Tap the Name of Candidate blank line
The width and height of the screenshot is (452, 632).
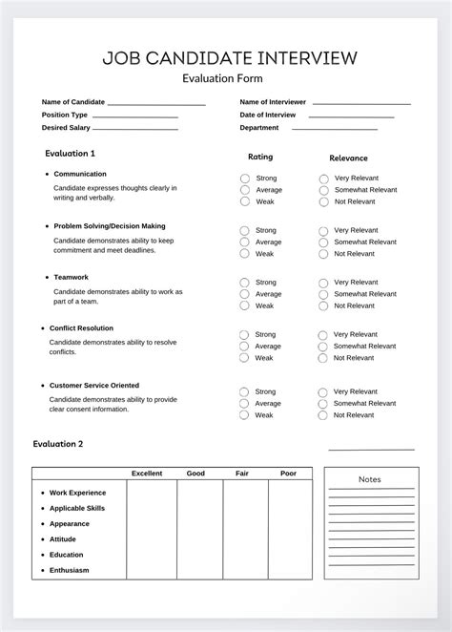coord(156,103)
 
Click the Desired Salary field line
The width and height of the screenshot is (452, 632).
coord(135,128)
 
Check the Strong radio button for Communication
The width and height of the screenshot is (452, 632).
coord(245,179)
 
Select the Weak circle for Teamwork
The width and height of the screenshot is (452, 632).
coord(244,305)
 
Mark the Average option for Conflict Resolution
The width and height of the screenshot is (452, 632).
coord(244,346)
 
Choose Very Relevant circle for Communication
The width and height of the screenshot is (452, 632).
coord(324,179)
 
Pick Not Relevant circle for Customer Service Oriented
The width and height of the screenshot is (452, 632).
coord(324,414)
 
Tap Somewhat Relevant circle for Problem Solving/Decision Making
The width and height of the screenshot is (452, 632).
coord(324,242)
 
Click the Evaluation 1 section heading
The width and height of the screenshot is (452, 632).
coord(71,153)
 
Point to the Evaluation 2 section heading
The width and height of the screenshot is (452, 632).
coord(58,444)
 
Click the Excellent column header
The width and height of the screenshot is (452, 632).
coord(147,474)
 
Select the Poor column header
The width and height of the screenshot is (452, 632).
coord(288,474)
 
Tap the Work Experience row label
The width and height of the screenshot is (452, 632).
coord(77,493)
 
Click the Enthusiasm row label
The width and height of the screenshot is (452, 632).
coord(69,570)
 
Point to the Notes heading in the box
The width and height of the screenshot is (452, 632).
coord(371,478)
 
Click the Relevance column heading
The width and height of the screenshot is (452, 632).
coord(348,158)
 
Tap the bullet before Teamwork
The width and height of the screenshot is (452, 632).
coord(47,277)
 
